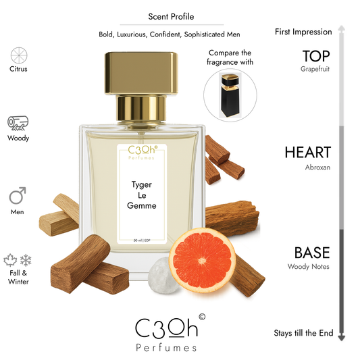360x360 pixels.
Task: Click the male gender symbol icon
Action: pos(18,197)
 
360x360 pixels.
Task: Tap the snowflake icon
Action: pos(26,260)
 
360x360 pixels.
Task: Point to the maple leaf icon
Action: pos(11,260)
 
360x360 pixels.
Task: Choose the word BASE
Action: pos(311,253)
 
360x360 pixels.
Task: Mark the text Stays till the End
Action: pos(303,334)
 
